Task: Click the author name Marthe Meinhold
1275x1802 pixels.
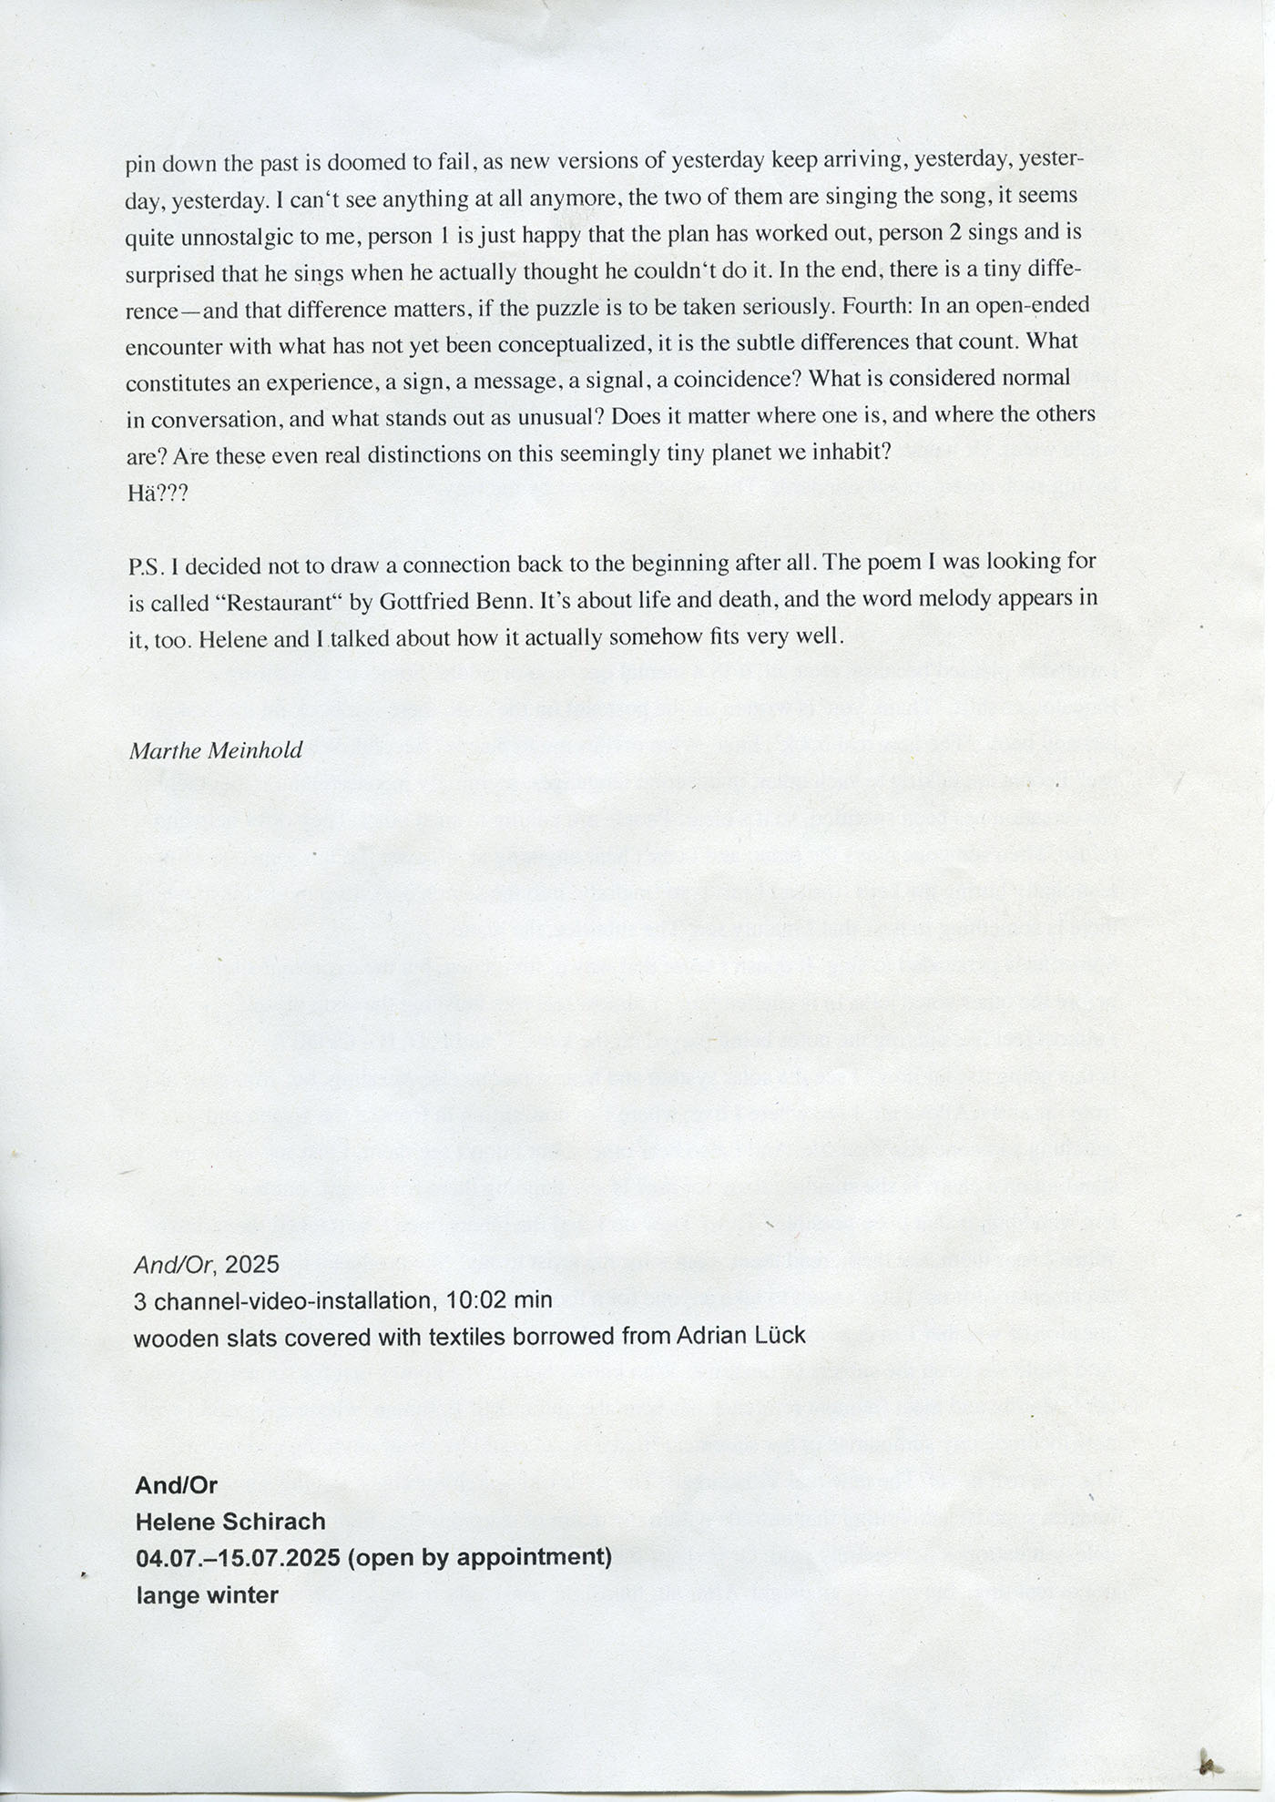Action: tap(216, 750)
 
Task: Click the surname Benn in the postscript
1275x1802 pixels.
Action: tap(499, 601)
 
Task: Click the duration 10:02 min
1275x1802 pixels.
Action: tap(499, 1299)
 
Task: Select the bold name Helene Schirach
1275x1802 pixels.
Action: tap(230, 1521)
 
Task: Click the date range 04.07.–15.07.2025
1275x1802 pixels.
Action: tap(238, 1557)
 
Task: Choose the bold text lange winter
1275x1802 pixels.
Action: tap(207, 1594)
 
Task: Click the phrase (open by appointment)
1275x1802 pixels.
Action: tap(479, 1556)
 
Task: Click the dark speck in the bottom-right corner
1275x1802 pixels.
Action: tap(1209, 1766)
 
